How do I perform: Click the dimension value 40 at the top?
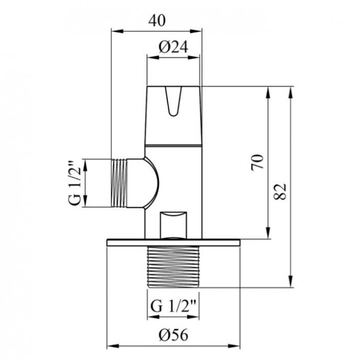pos(157,21)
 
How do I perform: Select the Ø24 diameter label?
pos(173,47)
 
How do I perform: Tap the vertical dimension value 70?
pos(257,163)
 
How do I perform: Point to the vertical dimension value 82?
pos(281,191)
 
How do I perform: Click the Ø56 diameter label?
pos(173,334)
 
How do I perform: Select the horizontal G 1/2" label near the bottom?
pos(173,305)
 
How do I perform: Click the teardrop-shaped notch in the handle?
pos(173,101)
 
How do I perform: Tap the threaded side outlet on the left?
pos(119,183)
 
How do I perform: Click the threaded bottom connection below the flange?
pos(173,267)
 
